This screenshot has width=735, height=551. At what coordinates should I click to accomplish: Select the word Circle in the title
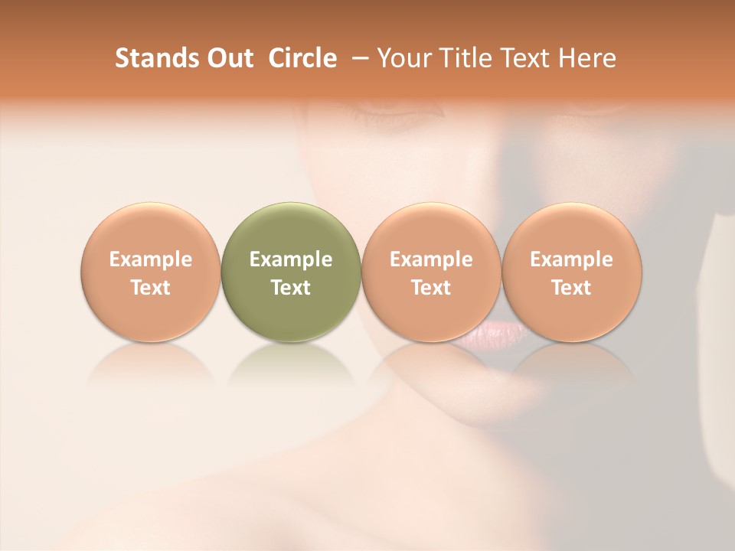[x=302, y=58]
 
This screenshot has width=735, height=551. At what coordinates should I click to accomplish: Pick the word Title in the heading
[x=465, y=58]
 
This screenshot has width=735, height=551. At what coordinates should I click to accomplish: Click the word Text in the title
[x=528, y=58]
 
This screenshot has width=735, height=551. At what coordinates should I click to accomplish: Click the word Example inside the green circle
[x=291, y=259]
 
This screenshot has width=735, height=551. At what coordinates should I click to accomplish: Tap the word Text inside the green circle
[x=291, y=288]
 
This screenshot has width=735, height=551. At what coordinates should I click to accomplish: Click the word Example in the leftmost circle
[x=151, y=259]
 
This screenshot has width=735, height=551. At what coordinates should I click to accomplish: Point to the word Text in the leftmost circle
[x=151, y=288]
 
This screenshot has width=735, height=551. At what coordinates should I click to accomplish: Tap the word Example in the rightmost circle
[x=572, y=259]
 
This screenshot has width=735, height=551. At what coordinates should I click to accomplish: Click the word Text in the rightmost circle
[x=572, y=288]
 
